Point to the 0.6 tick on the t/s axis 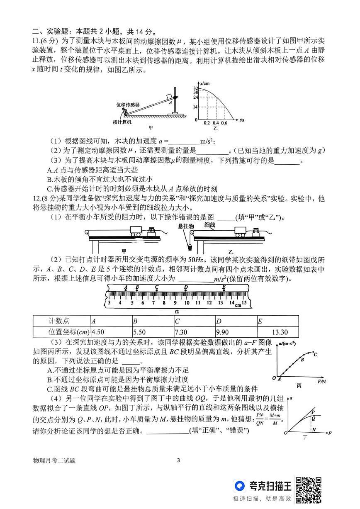tap(224, 124)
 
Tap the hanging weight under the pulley tap(190, 247)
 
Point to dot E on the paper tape tap(224, 289)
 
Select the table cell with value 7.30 tap(194, 332)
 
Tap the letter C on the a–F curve tap(316, 354)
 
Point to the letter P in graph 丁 tap(314, 412)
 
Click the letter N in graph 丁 tap(314, 430)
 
